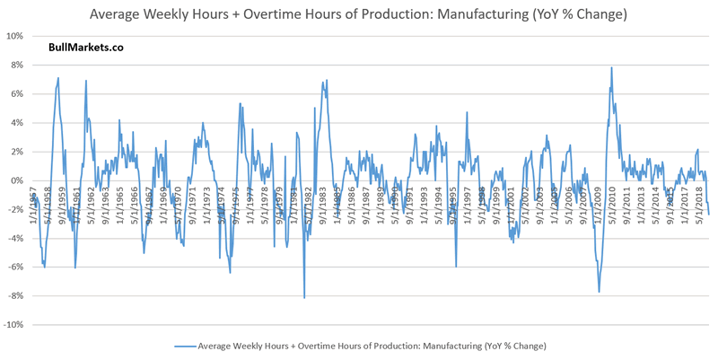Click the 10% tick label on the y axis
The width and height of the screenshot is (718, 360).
[13, 37]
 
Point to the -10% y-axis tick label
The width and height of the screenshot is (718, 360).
[13, 325]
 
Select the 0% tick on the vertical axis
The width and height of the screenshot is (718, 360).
[16, 181]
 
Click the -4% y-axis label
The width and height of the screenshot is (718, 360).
[14, 239]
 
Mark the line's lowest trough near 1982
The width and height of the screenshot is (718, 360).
[304, 297]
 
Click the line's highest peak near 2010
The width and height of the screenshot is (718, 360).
[611, 68]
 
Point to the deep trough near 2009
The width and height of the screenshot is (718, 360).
[599, 291]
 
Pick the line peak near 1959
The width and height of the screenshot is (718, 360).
[58, 78]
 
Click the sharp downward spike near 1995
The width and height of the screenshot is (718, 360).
[456, 266]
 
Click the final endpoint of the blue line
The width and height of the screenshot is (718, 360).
[708, 214]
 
